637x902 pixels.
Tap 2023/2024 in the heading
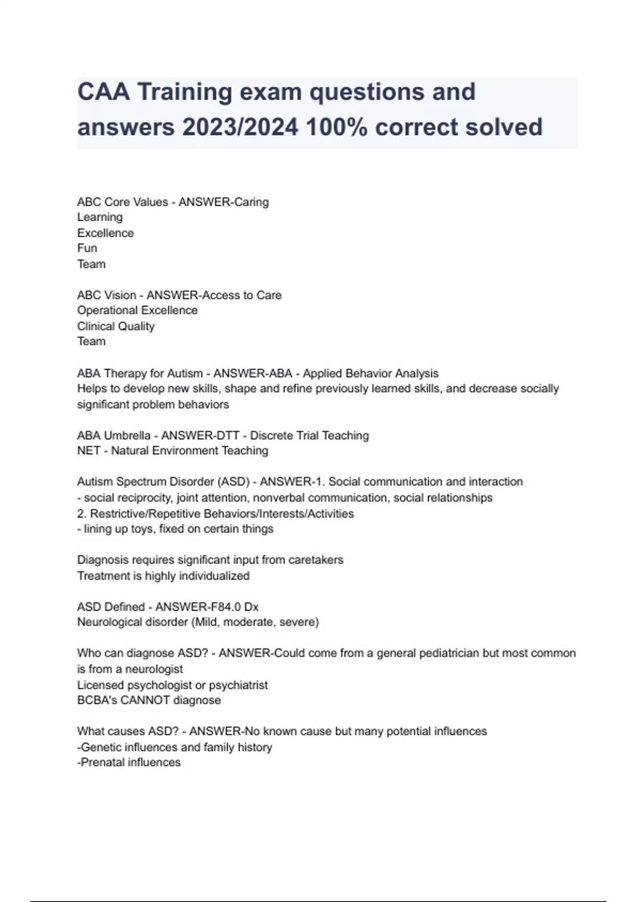[x=240, y=127]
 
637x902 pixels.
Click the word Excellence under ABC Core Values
[x=105, y=233]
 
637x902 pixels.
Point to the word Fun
[x=87, y=248]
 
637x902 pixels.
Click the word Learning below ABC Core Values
[x=100, y=217]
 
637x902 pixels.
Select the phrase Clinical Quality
[x=116, y=326]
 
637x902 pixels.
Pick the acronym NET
[x=88, y=451]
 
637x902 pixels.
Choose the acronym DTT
[x=227, y=436]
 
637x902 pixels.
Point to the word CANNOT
[x=145, y=700]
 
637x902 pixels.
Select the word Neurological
[x=110, y=622]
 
